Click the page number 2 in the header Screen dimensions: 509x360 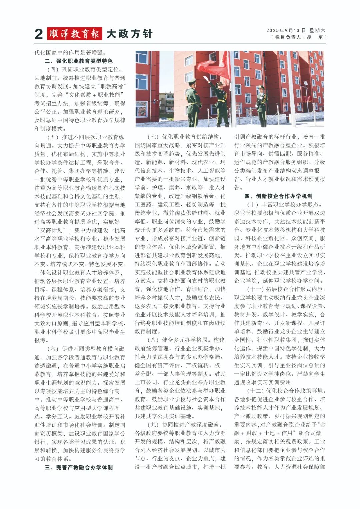point(39,34)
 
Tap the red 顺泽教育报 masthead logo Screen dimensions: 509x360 point(74,34)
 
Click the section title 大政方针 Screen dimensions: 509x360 point(129,34)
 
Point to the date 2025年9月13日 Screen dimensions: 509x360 point(286,30)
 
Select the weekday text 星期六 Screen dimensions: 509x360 point(317,30)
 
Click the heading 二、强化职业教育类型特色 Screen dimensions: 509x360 point(79,61)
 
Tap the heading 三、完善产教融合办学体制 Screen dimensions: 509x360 point(79,467)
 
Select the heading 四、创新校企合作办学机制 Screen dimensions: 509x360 point(278,196)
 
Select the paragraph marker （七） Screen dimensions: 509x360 point(153,137)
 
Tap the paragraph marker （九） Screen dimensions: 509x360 point(153,425)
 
